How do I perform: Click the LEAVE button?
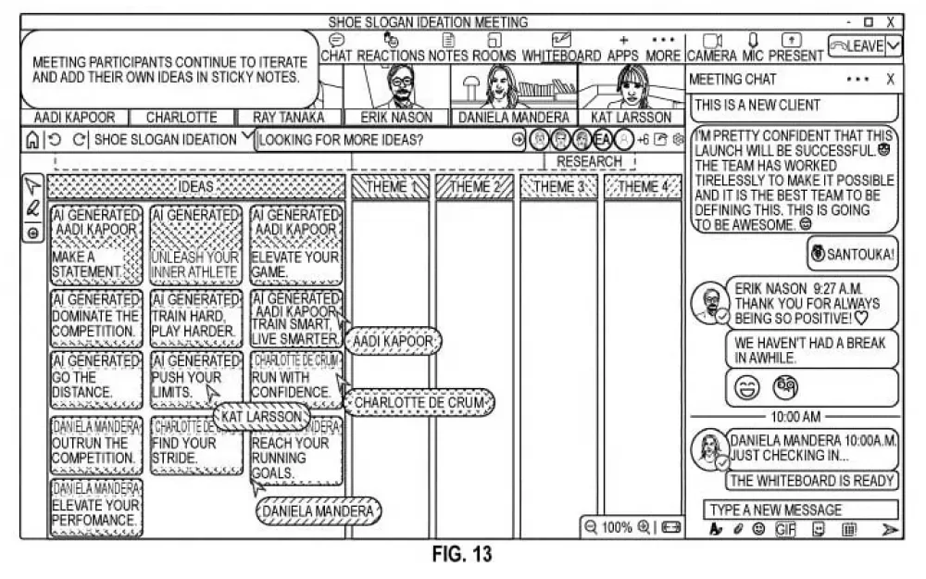click(856, 45)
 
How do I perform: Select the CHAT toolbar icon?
click(338, 47)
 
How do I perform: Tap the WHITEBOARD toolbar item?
click(561, 47)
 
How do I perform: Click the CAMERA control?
click(711, 47)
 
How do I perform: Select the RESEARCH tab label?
click(589, 161)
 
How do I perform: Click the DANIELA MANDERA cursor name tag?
click(318, 511)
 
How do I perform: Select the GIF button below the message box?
click(785, 530)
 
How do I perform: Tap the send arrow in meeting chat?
click(889, 530)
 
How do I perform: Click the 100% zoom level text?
click(617, 527)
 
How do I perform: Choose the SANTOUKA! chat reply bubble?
click(851, 252)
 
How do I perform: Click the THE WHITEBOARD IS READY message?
click(811, 480)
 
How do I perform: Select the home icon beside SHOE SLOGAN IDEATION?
click(32, 140)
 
